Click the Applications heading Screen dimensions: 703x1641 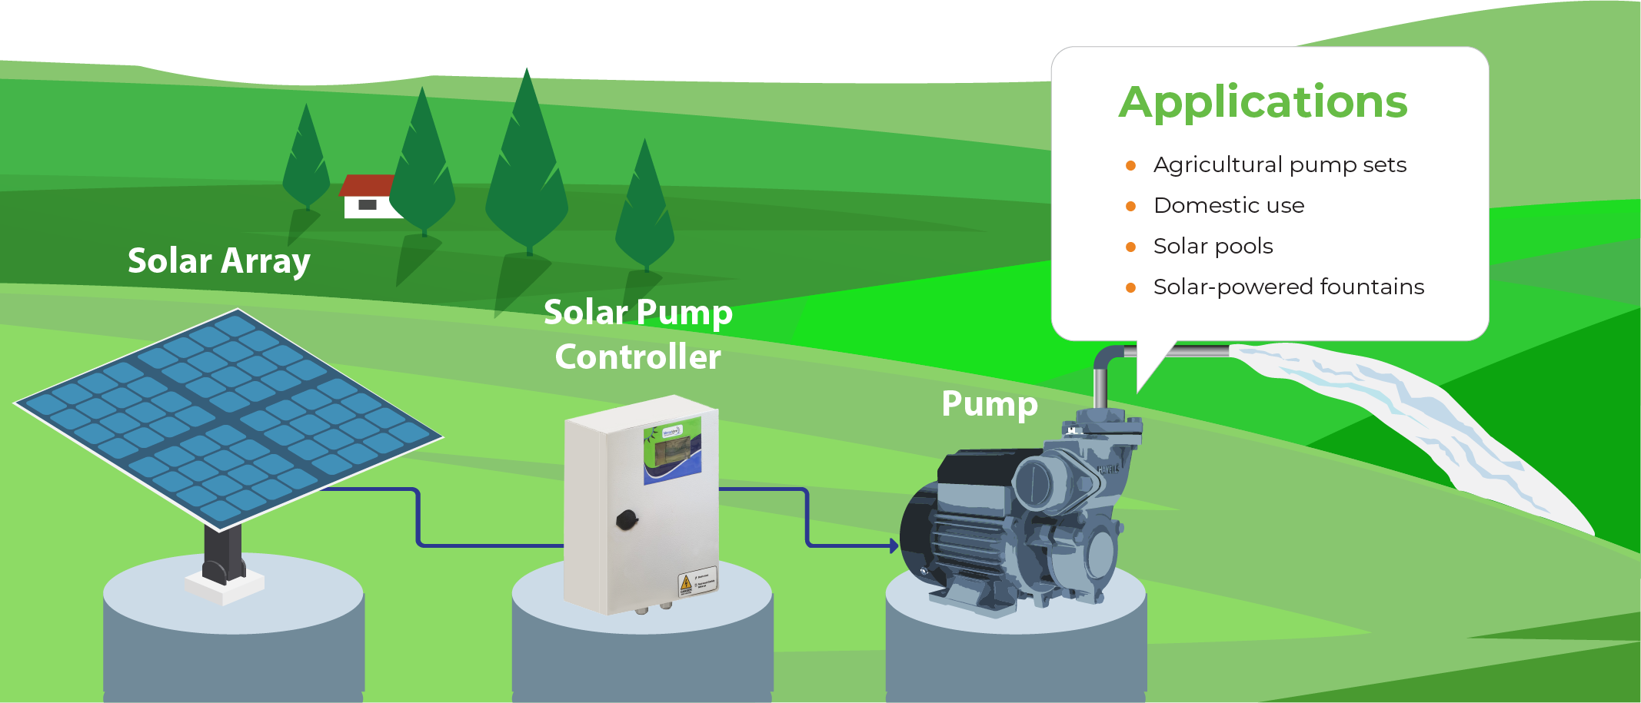pos(1263,102)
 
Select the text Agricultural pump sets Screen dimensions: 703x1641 pos(1280,165)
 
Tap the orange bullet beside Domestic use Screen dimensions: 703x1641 pos(1130,206)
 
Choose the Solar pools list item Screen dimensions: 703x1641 pos(1213,247)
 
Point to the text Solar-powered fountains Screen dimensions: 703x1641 pos(1288,287)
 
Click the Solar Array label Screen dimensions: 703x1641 pos(218,261)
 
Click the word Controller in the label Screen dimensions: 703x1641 pos(637,357)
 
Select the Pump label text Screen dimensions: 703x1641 pos(989,404)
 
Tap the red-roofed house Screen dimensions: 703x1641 pos(369,197)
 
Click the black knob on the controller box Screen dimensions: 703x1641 pos(627,520)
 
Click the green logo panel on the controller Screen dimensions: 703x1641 pos(672,449)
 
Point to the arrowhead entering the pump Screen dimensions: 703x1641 pos(894,546)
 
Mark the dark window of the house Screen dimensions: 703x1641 pos(368,205)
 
